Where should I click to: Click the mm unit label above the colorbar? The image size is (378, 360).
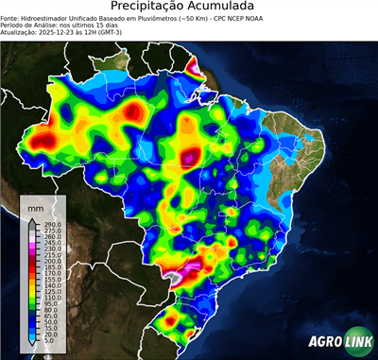pyautogui.click(x=36, y=206)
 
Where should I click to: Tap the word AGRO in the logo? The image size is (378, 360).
pyautogui.click(x=327, y=340)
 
